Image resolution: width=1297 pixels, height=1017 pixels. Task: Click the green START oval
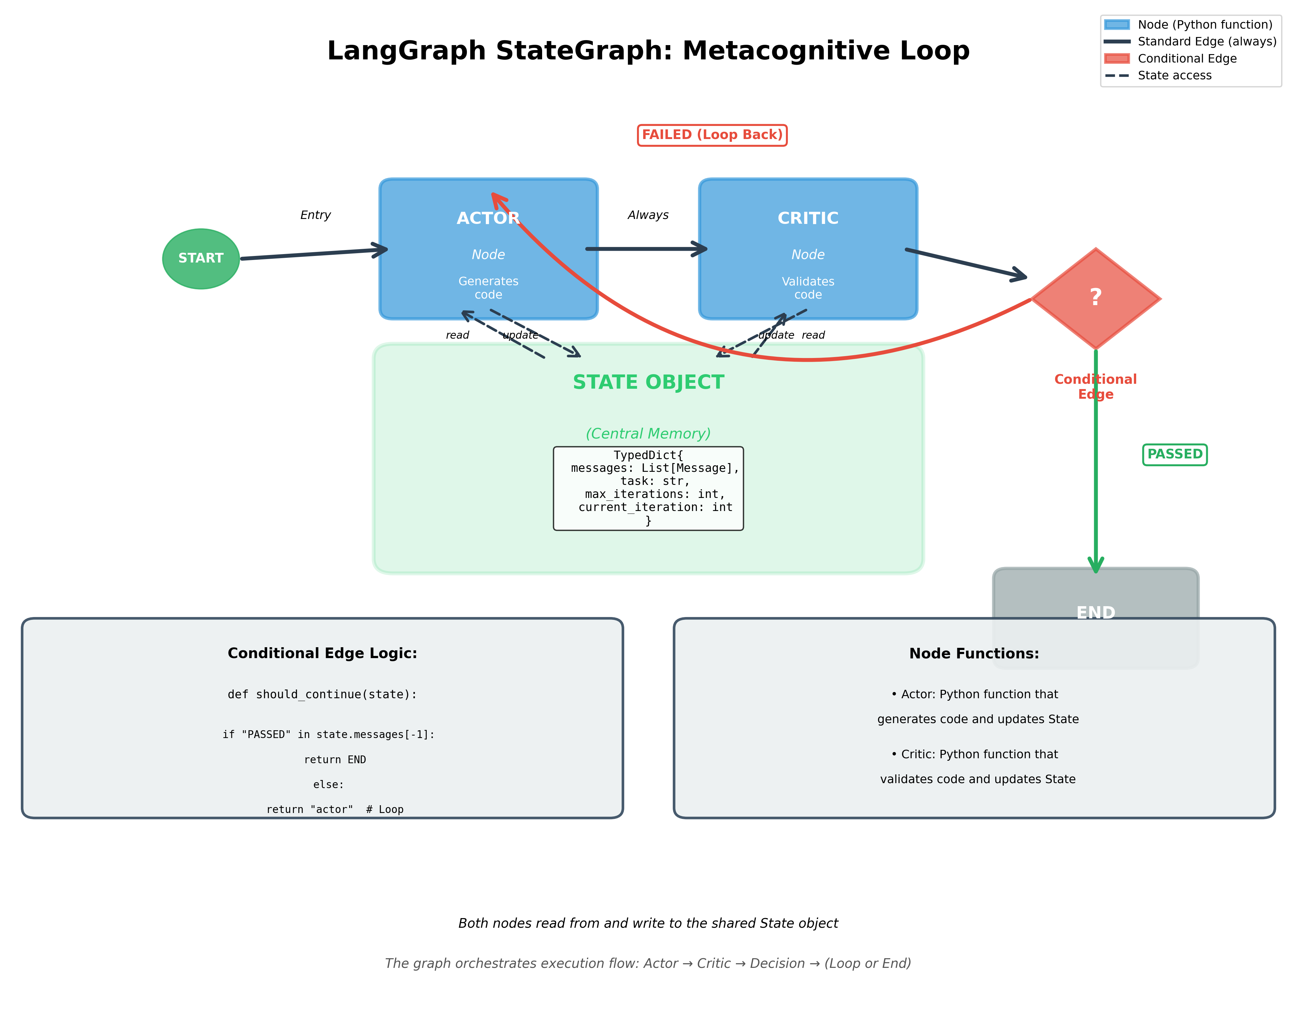click(x=201, y=258)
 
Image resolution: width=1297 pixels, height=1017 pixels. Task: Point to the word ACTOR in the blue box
click(x=488, y=219)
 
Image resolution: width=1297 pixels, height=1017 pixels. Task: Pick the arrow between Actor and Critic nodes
click(x=646, y=249)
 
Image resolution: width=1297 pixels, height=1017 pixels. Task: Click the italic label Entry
click(x=315, y=215)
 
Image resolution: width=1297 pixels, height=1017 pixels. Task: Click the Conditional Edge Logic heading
click(x=322, y=653)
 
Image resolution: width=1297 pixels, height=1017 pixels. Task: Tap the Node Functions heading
click(x=974, y=653)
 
